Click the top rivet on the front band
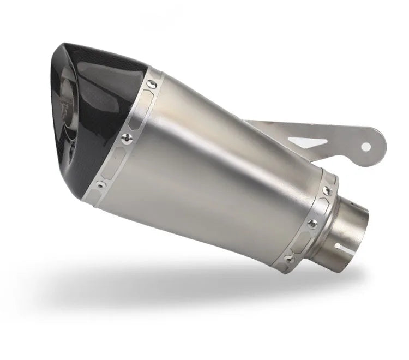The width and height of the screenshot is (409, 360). (x=152, y=84)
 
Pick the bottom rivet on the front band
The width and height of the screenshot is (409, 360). (x=101, y=185)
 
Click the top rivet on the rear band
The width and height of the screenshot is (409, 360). (x=327, y=190)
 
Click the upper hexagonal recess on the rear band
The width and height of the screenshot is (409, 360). (x=321, y=207)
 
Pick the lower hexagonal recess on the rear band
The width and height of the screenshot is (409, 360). (x=303, y=239)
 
